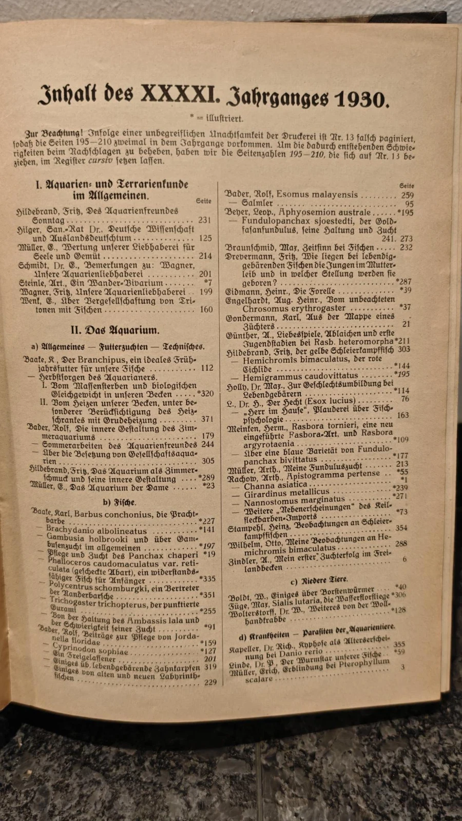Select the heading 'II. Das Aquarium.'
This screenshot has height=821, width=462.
click(x=115, y=330)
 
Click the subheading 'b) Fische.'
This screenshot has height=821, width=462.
click(x=119, y=502)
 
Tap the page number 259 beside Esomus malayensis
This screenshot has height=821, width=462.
click(x=407, y=196)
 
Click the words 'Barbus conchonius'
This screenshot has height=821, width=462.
click(x=106, y=514)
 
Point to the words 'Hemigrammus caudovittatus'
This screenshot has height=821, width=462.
click(x=300, y=377)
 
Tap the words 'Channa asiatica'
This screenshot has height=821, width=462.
click(x=275, y=485)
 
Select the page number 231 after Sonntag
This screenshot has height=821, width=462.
click(x=204, y=220)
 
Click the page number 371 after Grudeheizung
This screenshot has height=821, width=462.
click(x=207, y=419)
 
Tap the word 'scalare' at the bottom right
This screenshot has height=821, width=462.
click(x=259, y=679)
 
